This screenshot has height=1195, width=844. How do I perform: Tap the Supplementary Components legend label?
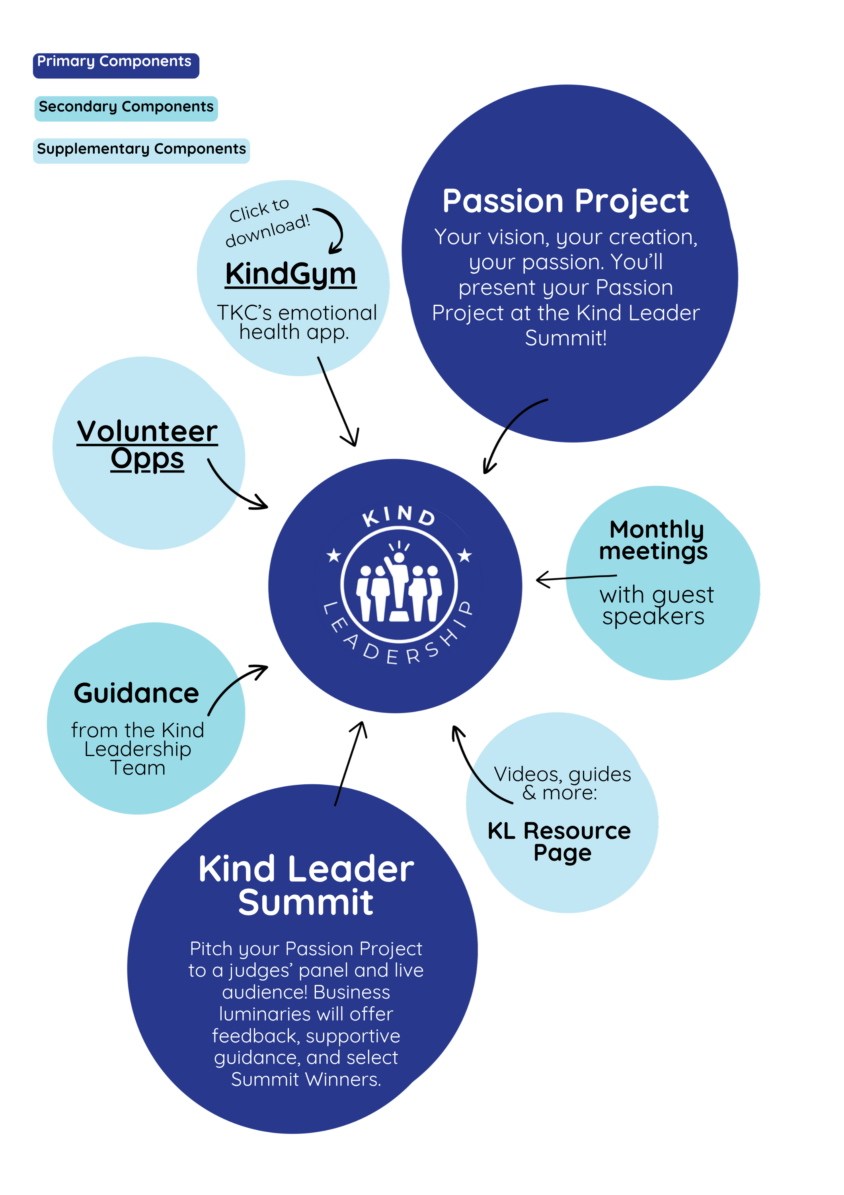pyautogui.click(x=141, y=150)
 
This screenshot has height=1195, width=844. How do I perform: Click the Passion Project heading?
pyautogui.click(x=565, y=202)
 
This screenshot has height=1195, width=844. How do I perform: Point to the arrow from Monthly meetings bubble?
pyautogui.click(x=575, y=578)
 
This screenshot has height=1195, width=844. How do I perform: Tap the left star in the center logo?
pyautogui.click(x=333, y=555)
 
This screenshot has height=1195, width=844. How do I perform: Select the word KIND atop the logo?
pyautogui.click(x=399, y=515)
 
